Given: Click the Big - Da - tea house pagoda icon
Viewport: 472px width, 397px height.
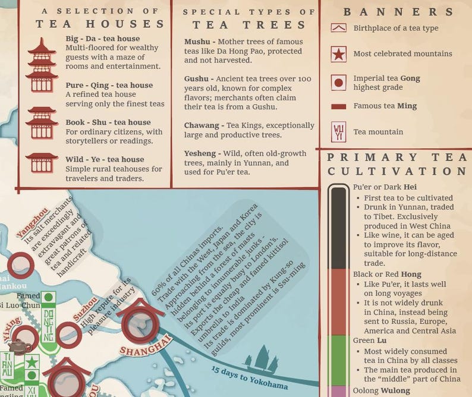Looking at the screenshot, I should pos(42,65).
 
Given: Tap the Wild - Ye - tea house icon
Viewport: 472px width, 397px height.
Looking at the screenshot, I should pos(42,162).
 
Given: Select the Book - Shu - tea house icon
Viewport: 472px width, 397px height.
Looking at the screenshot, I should pos(42,123).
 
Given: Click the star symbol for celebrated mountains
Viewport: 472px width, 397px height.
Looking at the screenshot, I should pos(338,54).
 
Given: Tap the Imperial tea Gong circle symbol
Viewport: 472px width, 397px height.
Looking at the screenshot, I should pos(338,83).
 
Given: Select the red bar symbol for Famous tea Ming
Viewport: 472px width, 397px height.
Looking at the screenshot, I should pos(338,106).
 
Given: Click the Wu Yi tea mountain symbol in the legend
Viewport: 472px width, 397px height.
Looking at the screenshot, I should pos(338,131).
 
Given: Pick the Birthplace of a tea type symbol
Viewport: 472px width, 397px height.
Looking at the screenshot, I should pos(338,28).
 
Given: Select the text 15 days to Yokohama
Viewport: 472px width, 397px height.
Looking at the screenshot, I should pos(250,378).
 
